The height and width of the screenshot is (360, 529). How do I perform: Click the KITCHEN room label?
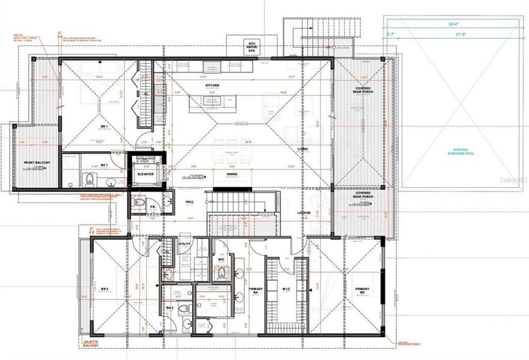tap(212, 86)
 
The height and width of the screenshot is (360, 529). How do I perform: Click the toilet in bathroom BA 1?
tap(88, 179)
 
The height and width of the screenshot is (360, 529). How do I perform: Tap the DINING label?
tap(232, 175)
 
